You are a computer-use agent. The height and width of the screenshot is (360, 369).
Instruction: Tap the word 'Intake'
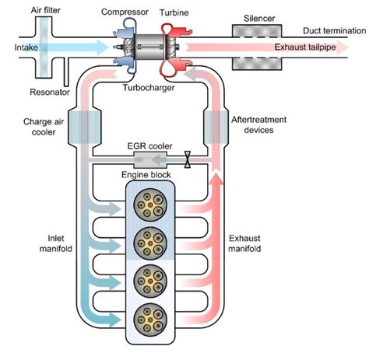point(16,47)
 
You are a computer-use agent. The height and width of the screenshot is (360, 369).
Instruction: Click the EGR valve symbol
point(187,161)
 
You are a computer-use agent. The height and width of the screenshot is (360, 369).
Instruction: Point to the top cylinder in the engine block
point(147,205)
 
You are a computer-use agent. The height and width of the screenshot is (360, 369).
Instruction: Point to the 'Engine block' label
point(147,177)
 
